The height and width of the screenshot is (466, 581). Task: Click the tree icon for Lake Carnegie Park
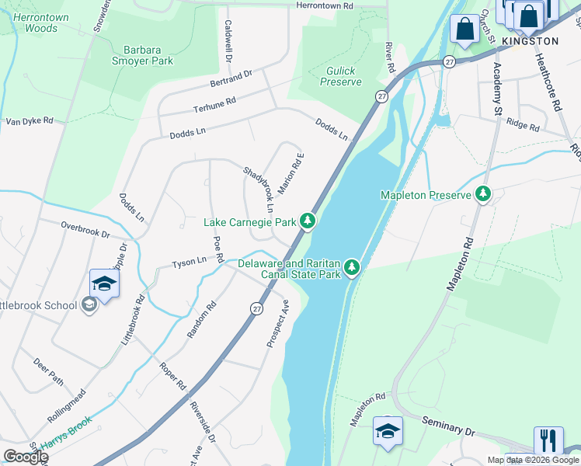308,222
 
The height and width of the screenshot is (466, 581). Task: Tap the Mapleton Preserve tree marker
484,194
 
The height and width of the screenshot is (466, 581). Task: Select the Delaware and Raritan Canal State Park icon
353,267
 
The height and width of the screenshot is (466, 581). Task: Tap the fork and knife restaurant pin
548,440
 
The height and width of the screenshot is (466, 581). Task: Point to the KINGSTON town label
531,41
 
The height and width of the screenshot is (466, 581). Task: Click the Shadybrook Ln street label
259,190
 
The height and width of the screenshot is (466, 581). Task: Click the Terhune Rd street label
214,106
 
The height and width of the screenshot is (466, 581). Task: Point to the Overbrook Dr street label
86,228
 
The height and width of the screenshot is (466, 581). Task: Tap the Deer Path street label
49,372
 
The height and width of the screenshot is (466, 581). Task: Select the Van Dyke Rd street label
30,121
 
